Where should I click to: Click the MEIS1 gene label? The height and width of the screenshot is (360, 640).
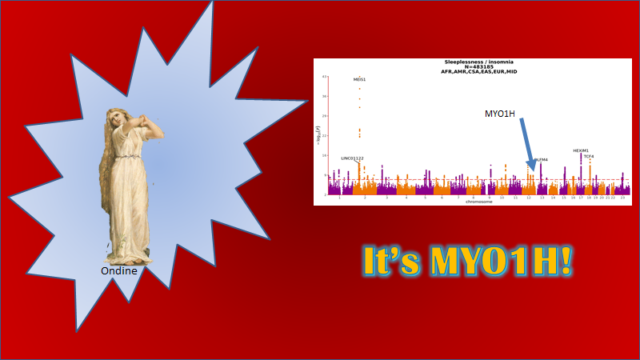click(x=360, y=80)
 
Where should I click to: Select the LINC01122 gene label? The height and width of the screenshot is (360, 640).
click(x=352, y=158)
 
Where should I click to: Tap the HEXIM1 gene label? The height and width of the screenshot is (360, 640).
click(x=581, y=150)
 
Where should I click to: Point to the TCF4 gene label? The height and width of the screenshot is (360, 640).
click(x=589, y=157)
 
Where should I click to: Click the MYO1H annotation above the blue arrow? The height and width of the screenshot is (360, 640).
click(x=500, y=114)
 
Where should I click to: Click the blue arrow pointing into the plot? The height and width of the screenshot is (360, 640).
click(x=526, y=144)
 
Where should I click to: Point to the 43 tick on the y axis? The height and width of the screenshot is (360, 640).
click(x=323, y=77)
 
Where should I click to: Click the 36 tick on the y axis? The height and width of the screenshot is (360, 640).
click(x=323, y=96)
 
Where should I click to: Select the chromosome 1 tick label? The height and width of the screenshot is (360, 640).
click(x=340, y=197)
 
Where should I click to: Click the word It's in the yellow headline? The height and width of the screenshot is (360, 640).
click(x=390, y=262)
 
